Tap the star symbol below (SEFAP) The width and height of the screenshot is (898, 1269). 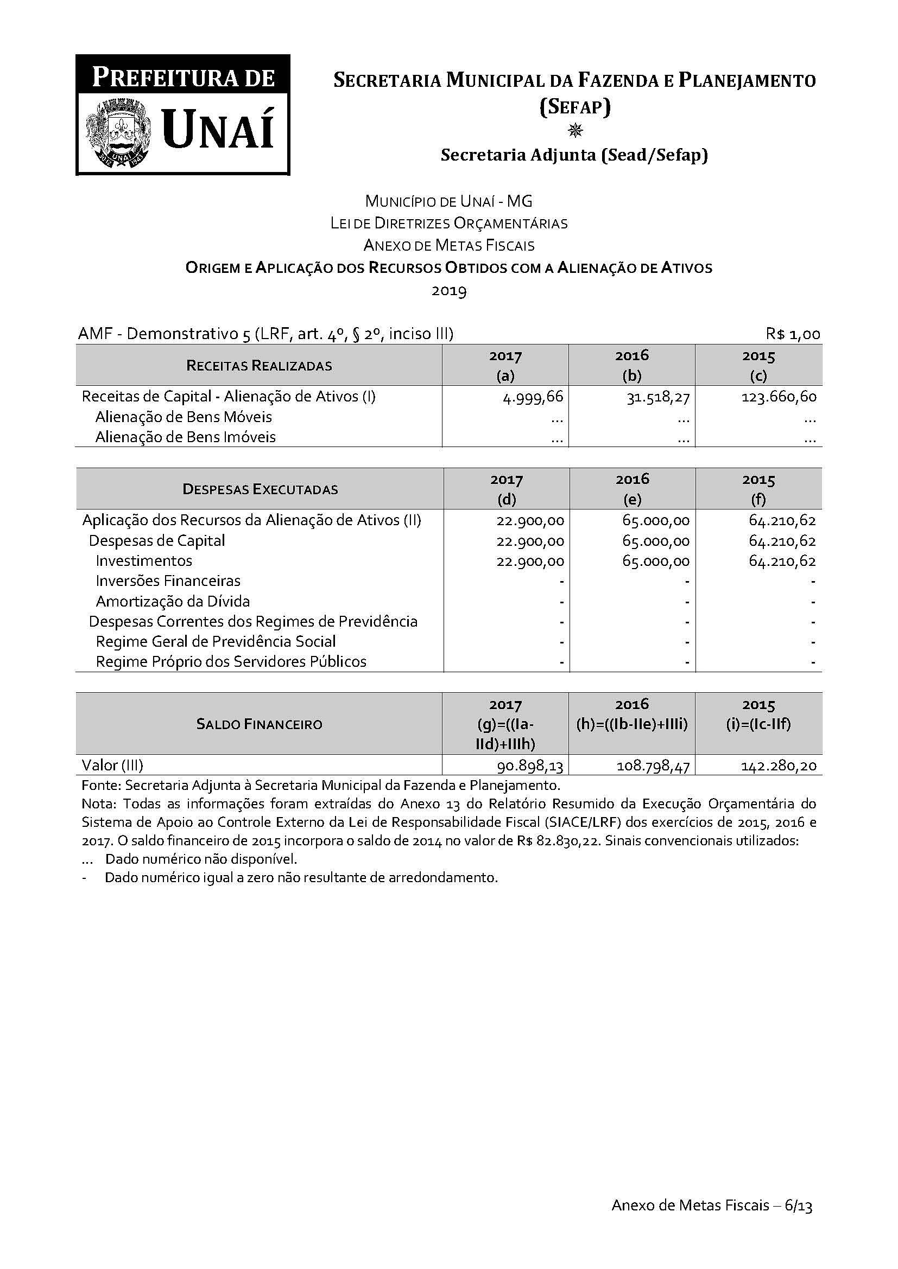tap(575, 130)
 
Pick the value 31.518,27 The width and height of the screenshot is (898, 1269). tap(658, 397)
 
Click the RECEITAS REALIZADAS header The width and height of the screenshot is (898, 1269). tap(259, 365)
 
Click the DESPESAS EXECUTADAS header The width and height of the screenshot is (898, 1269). tap(260, 489)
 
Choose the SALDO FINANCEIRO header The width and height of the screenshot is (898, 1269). tap(259, 724)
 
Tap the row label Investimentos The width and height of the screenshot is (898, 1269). tap(144, 561)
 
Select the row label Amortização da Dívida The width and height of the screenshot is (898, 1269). tap(173, 601)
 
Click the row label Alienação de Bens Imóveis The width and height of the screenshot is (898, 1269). tap(185, 437)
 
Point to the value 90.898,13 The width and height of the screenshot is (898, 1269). tap(530, 766)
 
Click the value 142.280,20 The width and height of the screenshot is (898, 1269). tap(779, 766)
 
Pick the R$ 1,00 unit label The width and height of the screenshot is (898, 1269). tap(792, 334)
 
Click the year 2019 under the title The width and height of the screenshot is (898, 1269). tap(449, 291)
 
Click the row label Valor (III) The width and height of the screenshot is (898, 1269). tap(112, 766)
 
